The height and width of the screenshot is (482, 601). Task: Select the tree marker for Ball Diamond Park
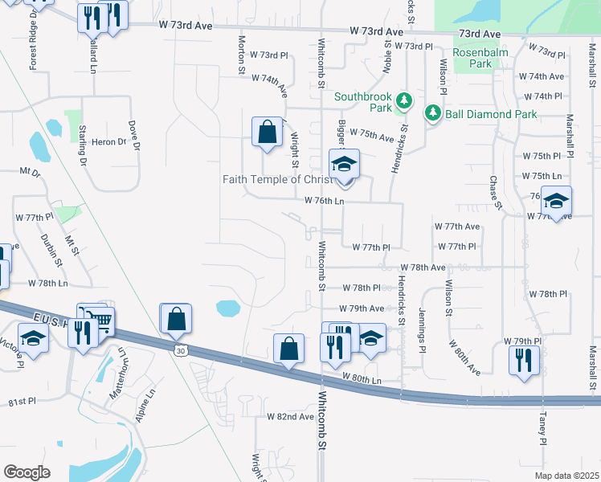click(x=434, y=113)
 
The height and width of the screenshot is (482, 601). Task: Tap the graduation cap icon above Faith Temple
click(x=344, y=165)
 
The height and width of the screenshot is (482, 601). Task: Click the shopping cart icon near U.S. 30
click(x=100, y=321)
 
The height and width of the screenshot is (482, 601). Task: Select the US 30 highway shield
click(x=179, y=349)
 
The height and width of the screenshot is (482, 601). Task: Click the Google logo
click(x=27, y=472)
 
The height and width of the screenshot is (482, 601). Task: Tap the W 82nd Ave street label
click(x=290, y=417)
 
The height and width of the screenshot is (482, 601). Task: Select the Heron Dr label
click(x=109, y=141)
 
